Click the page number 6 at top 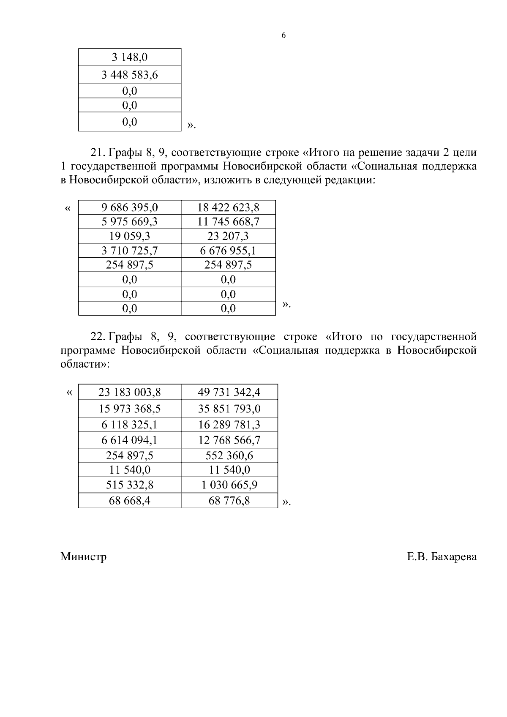(283, 35)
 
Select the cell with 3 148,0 (130, 57)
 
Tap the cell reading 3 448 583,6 (130, 75)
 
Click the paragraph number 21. (98, 152)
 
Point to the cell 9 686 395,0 (130, 207)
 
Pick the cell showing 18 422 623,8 (228, 207)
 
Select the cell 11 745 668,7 (228, 222)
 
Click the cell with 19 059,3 (130, 236)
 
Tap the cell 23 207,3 (228, 236)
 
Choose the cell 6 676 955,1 (228, 251)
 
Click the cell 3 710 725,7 (130, 251)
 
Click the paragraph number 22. (98, 337)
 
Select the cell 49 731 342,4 (229, 392)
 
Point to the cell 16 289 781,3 (229, 425)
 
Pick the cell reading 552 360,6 (229, 455)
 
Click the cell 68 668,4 (130, 501)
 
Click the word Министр (83, 556)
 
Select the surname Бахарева (454, 556)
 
